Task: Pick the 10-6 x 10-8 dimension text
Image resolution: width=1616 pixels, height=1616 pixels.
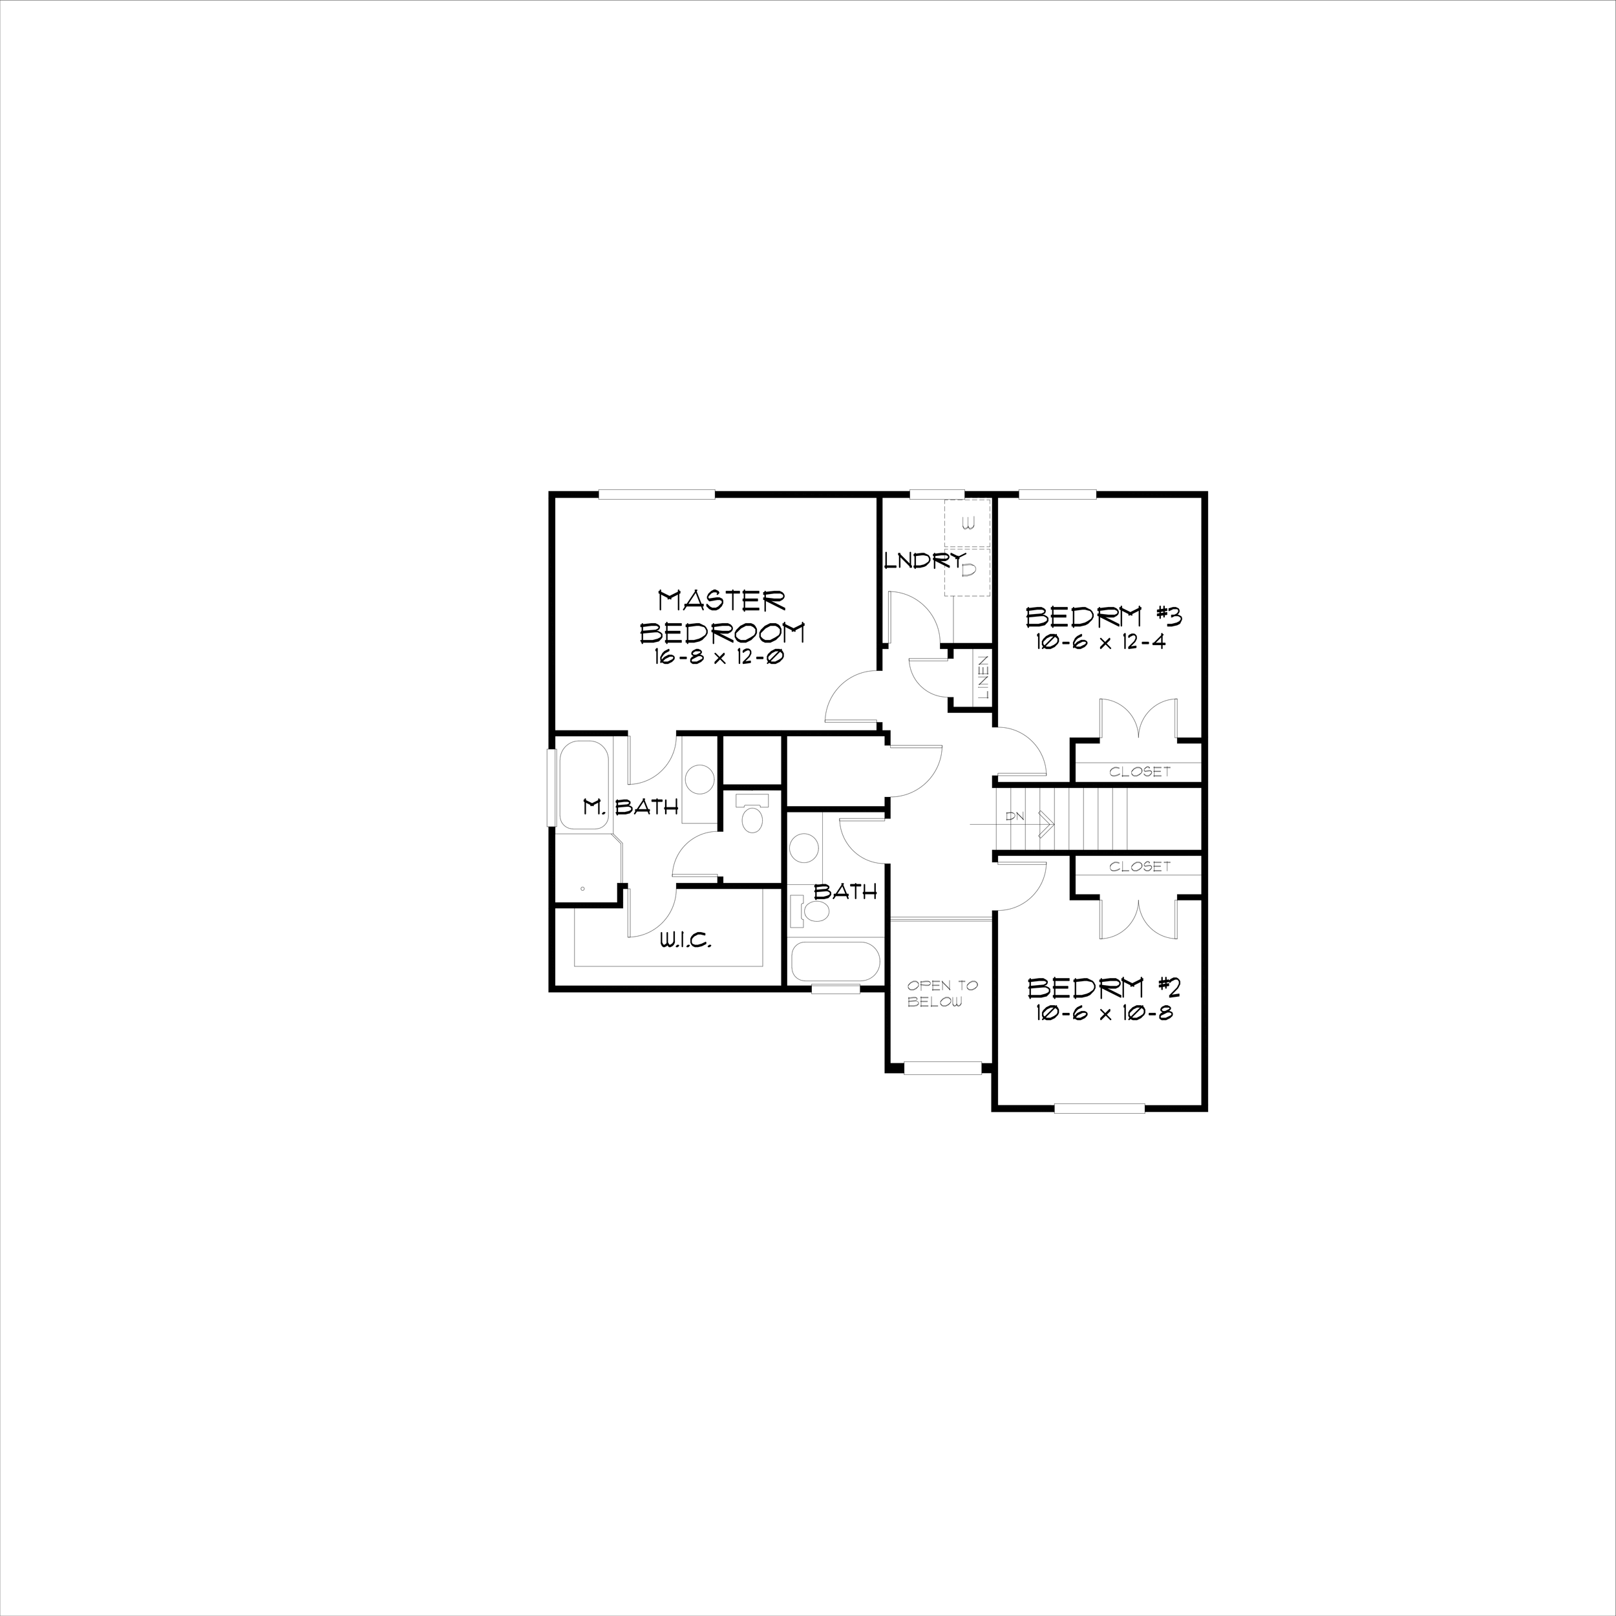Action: pos(1101,1014)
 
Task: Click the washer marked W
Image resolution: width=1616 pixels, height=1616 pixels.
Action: pos(968,524)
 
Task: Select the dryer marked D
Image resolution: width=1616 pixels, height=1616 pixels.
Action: pos(968,571)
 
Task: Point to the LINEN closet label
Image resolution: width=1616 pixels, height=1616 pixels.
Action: pos(984,677)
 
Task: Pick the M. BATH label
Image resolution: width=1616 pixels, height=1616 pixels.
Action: pos(630,807)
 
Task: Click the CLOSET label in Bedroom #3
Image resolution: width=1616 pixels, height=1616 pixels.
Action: pos(1139,771)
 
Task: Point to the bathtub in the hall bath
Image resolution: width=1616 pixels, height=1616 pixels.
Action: pos(835,962)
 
